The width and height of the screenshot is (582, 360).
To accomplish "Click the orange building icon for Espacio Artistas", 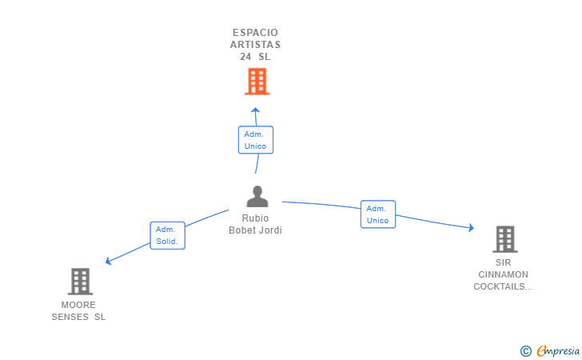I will [257, 82].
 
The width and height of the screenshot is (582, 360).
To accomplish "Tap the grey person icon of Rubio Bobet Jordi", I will [257, 197].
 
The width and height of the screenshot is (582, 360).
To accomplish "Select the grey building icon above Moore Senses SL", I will [80, 282].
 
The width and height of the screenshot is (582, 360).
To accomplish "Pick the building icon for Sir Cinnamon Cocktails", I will [504, 238].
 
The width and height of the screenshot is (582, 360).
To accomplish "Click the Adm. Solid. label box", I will [167, 235].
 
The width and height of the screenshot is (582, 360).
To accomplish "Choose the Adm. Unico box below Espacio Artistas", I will [256, 140].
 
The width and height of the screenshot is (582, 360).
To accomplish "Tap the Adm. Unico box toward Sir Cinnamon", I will [377, 214].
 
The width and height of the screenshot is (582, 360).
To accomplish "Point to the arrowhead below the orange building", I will [256, 110].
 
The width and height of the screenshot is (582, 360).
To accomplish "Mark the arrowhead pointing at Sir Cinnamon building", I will [471, 229].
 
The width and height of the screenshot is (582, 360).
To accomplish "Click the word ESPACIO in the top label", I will [256, 33].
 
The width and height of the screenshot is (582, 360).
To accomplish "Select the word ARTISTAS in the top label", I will [256, 45].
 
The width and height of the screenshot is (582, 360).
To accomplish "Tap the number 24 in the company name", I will [245, 57].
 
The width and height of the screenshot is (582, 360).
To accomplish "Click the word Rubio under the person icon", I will [256, 218].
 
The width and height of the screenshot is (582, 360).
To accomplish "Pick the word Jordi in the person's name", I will [270, 230].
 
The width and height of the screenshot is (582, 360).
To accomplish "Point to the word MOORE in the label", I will [78, 305].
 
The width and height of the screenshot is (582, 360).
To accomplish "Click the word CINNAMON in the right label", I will [503, 274].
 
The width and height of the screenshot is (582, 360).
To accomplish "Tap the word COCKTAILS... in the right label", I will [503, 286].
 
